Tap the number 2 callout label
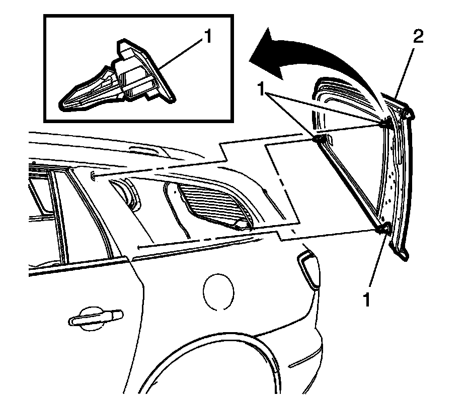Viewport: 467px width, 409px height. (419, 36)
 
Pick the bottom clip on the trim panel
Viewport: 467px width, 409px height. (383, 229)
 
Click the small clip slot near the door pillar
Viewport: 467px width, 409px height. (94, 175)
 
